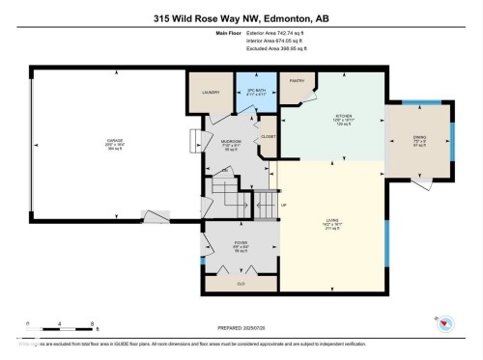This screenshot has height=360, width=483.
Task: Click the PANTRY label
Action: click(298, 81)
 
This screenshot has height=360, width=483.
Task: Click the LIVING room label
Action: click(331, 221)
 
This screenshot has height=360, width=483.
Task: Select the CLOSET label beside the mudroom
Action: click(268, 137)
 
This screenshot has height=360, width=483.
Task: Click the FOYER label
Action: click(241, 244)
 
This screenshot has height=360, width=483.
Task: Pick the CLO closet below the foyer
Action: click(241, 283)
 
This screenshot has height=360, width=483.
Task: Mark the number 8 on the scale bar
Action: click(91, 323)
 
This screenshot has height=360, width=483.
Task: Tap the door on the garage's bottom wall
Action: click(155, 216)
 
